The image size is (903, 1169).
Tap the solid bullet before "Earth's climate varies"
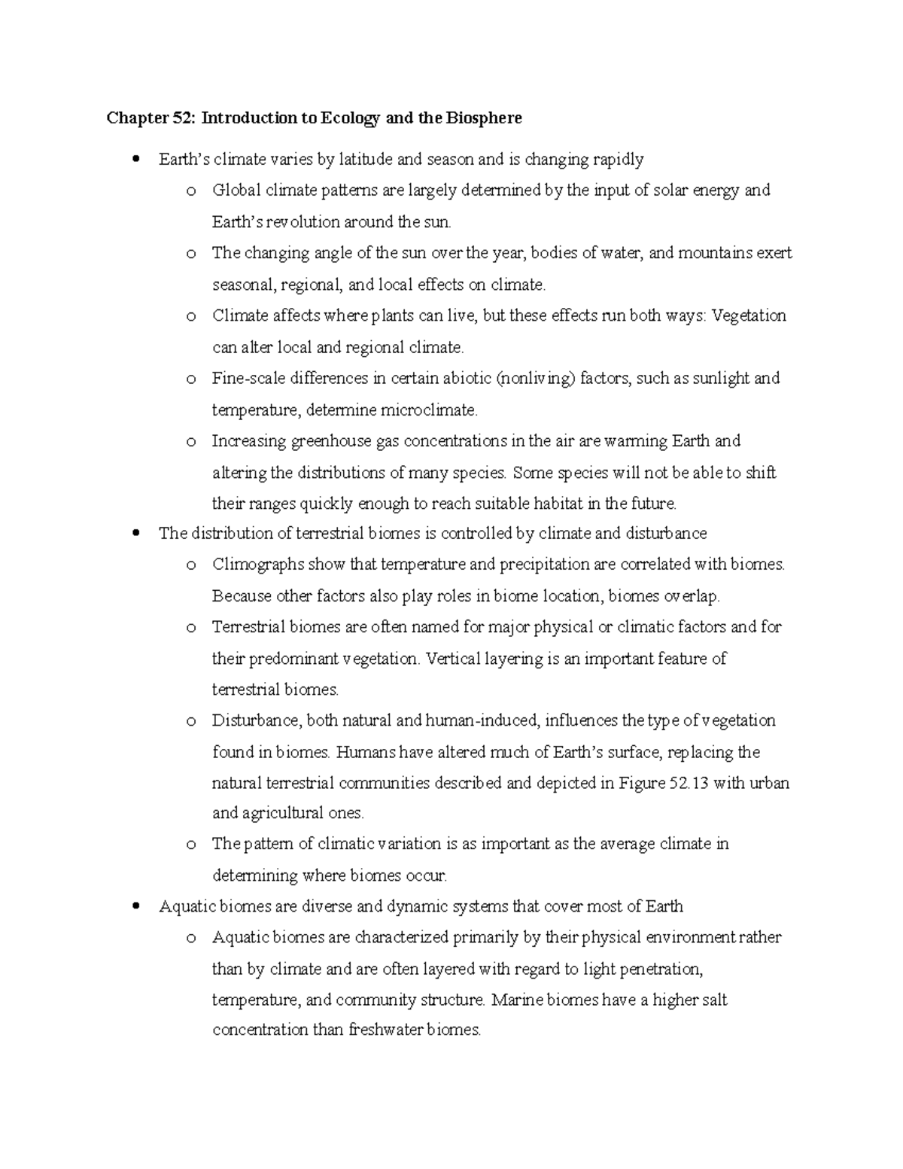(135, 160)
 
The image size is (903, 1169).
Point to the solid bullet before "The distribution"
(135, 534)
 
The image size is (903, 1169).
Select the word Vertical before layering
(453, 659)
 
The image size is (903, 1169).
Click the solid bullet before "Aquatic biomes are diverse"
(135, 907)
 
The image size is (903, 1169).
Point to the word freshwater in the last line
(384, 1030)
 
